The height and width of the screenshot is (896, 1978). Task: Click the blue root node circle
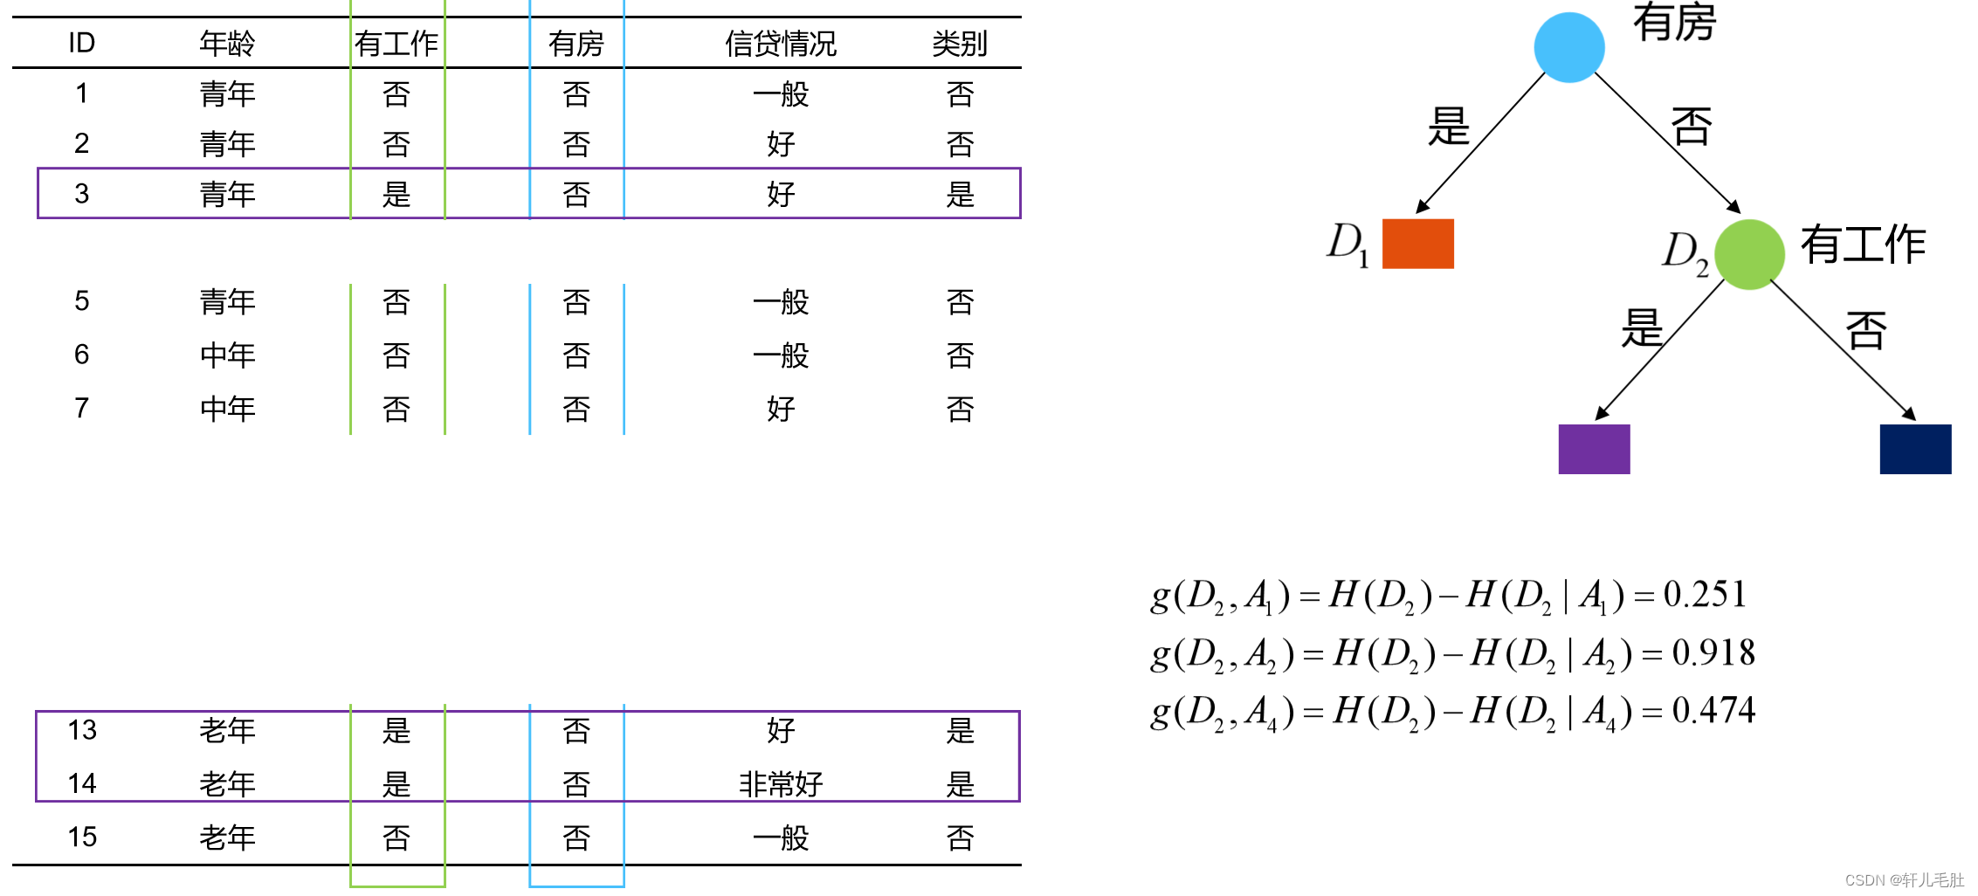pyautogui.click(x=1568, y=47)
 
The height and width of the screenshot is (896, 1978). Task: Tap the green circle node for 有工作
pyautogui.click(x=1748, y=254)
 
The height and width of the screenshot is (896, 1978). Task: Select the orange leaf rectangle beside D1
pyautogui.click(x=1417, y=244)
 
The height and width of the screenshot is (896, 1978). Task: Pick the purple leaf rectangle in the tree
pyautogui.click(x=1594, y=449)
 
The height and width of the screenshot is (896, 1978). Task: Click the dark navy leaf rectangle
pyautogui.click(x=1914, y=449)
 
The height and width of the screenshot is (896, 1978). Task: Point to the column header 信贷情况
pyautogui.click(x=780, y=44)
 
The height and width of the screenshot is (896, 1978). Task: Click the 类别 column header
pyautogui.click(x=959, y=44)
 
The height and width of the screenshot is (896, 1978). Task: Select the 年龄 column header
pyautogui.click(x=227, y=44)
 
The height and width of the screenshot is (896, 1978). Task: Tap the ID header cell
pyautogui.click(x=81, y=43)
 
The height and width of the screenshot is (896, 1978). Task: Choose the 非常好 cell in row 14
pyautogui.click(x=781, y=783)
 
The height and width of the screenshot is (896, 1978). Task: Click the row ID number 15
pyautogui.click(x=82, y=837)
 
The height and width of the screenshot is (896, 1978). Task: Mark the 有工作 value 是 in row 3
pyautogui.click(x=396, y=194)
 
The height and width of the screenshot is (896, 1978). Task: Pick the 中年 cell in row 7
pyautogui.click(x=227, y=408)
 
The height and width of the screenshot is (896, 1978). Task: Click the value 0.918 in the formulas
pyautogui.click(x=1713, y=652)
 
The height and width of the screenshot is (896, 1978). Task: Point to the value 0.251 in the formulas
pyautogui.click(x=1704, y=595)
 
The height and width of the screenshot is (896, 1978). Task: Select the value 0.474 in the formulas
pyautogui.click(x=1713, y=710)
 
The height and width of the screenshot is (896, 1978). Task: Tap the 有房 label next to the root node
pyautogui.click(x=1674, y=23)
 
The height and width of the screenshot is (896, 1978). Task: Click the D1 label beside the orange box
pyautogui.click(x=1347, y=244)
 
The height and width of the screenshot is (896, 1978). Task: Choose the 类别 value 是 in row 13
pyautogui.click(x=960, y=730)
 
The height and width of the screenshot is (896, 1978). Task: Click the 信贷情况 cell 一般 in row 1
pyautogui.click(x=781, y=93)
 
